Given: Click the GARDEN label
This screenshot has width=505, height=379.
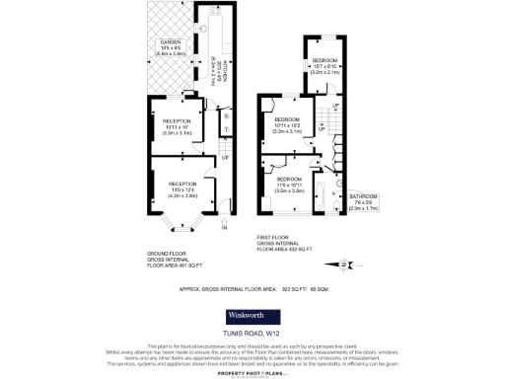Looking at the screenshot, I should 171,41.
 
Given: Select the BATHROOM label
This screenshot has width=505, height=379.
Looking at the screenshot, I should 363,196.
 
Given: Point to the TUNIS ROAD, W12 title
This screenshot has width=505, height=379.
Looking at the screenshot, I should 252,339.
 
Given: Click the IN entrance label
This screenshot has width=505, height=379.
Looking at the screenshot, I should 224,228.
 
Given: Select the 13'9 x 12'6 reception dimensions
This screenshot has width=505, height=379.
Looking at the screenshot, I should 181,190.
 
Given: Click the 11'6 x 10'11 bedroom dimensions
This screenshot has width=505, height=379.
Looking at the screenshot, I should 291,185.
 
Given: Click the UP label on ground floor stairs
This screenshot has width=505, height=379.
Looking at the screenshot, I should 225,158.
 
